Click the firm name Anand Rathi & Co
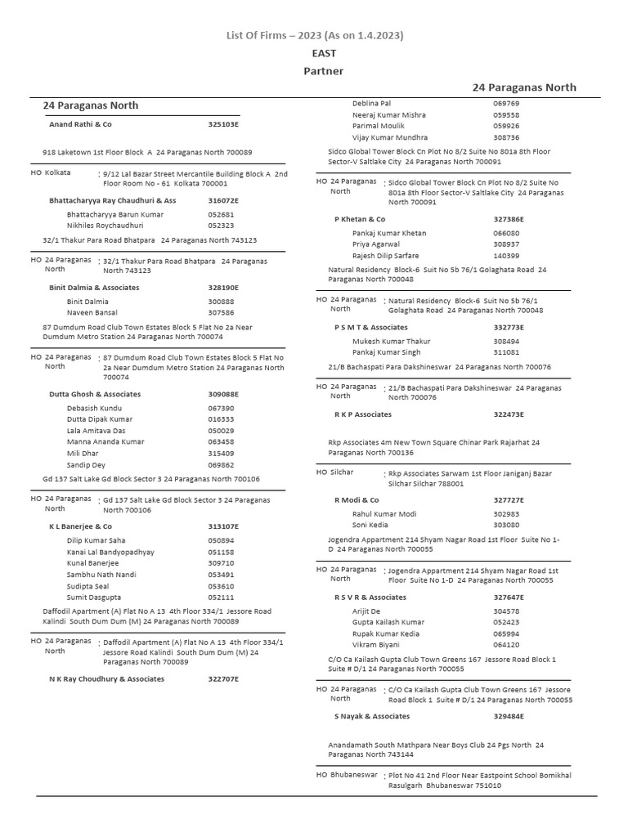[x=80, y=124]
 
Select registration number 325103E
[x=223, y=124]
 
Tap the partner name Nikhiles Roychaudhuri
[x=105, y=225]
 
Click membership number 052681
[x=221, y=214]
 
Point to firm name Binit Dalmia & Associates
[x=94, y=288]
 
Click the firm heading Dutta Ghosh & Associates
[x=95, y=394]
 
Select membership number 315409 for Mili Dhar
[x=221, y=453]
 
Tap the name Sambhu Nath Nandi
[x=102, y=575]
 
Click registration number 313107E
[x=223, y=526]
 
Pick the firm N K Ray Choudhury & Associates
[x=106, y=678]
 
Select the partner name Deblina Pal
[x=371, y=104]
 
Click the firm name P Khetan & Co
[x=360, y=219]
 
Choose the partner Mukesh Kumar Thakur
[x=391, y=341]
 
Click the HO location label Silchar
[x=342, y=472]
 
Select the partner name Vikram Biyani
[x=376, y=645]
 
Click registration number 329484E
[x=509, y=716]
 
